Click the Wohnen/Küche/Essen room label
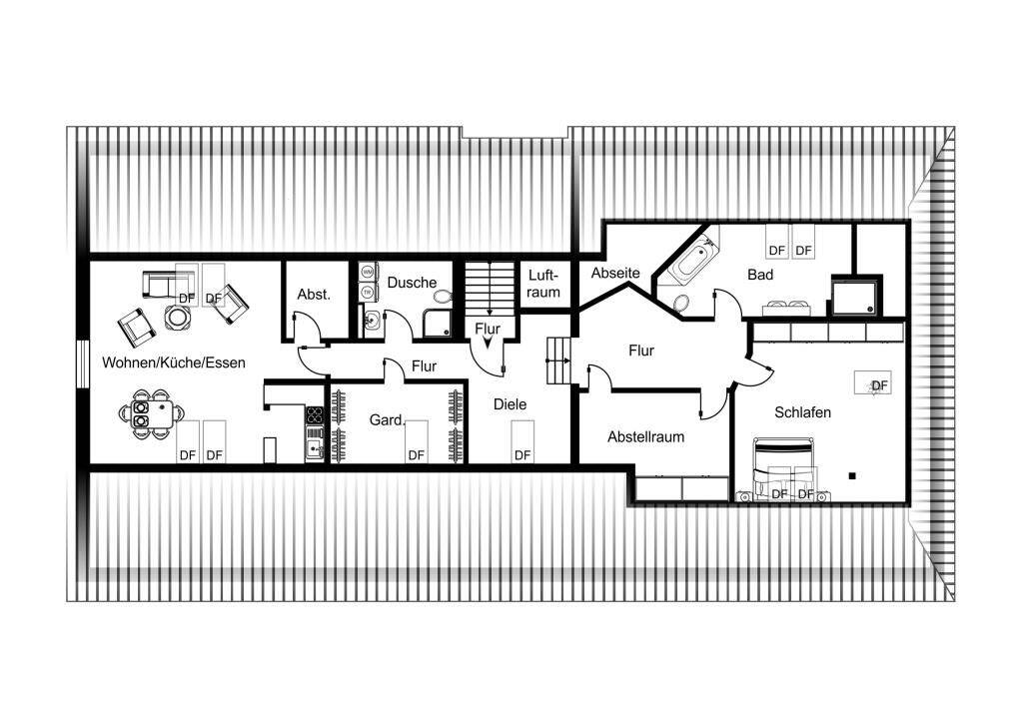[x=174, y=362]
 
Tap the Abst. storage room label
[x=314, y=294]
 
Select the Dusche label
[x=412, y=283]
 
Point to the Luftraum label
[x=543, y=284]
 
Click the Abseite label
[x=615, y=273]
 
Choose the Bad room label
[x=760, y=275]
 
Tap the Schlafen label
[x=802, y=412]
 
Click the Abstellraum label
[x=646, y=436]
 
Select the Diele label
[x=510, y=404]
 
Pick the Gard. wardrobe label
[x=387, y=420]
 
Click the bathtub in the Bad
[x=689, y=263]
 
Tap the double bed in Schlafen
[x=783, y=468]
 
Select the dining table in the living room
[x=152, y=414]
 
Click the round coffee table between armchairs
[x=178, y=318]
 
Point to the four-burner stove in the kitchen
[x=315, y=414]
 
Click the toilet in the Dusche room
[x=442, y=297]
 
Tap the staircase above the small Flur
[x=490, y=289]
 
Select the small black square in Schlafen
[x=851, y=476]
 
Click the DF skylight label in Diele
[x=522, y=455]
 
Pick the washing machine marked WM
[x=368, y=270]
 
